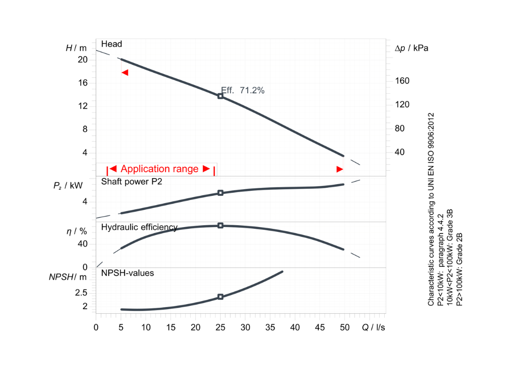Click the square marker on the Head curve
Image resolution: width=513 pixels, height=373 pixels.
[221, 96]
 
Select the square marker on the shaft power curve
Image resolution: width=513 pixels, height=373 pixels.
[221, 193]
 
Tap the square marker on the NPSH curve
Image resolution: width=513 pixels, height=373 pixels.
[221, 297]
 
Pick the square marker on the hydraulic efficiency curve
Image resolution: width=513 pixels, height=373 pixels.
[221, 226]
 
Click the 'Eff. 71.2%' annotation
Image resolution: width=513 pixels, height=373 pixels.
[243, 90]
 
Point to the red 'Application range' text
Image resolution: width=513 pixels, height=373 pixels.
[159, 169]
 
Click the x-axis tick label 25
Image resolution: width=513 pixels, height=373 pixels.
[221, 327]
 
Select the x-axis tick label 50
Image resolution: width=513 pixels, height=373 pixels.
[345, 327]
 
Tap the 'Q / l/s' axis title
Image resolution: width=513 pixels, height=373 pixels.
[373, 327]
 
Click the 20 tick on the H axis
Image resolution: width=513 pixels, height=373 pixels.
[83, 60]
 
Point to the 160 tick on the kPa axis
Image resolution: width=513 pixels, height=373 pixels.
[402, 81]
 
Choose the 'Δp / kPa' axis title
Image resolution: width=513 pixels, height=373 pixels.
[412, 48]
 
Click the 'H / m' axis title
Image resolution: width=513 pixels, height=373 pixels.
[76, 48]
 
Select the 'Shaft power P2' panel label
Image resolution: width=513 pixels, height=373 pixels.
[132, 181]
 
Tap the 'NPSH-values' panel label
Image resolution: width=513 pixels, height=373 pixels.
[127, 273]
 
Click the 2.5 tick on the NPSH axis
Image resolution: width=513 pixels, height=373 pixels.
[81, 292]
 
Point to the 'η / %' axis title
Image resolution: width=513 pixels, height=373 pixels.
[76, 231]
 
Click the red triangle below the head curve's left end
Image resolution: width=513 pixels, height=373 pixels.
[125, 72]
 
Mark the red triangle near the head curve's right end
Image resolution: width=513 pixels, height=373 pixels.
[340, 169]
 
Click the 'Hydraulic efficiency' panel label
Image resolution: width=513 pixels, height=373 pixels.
[139, 228]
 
